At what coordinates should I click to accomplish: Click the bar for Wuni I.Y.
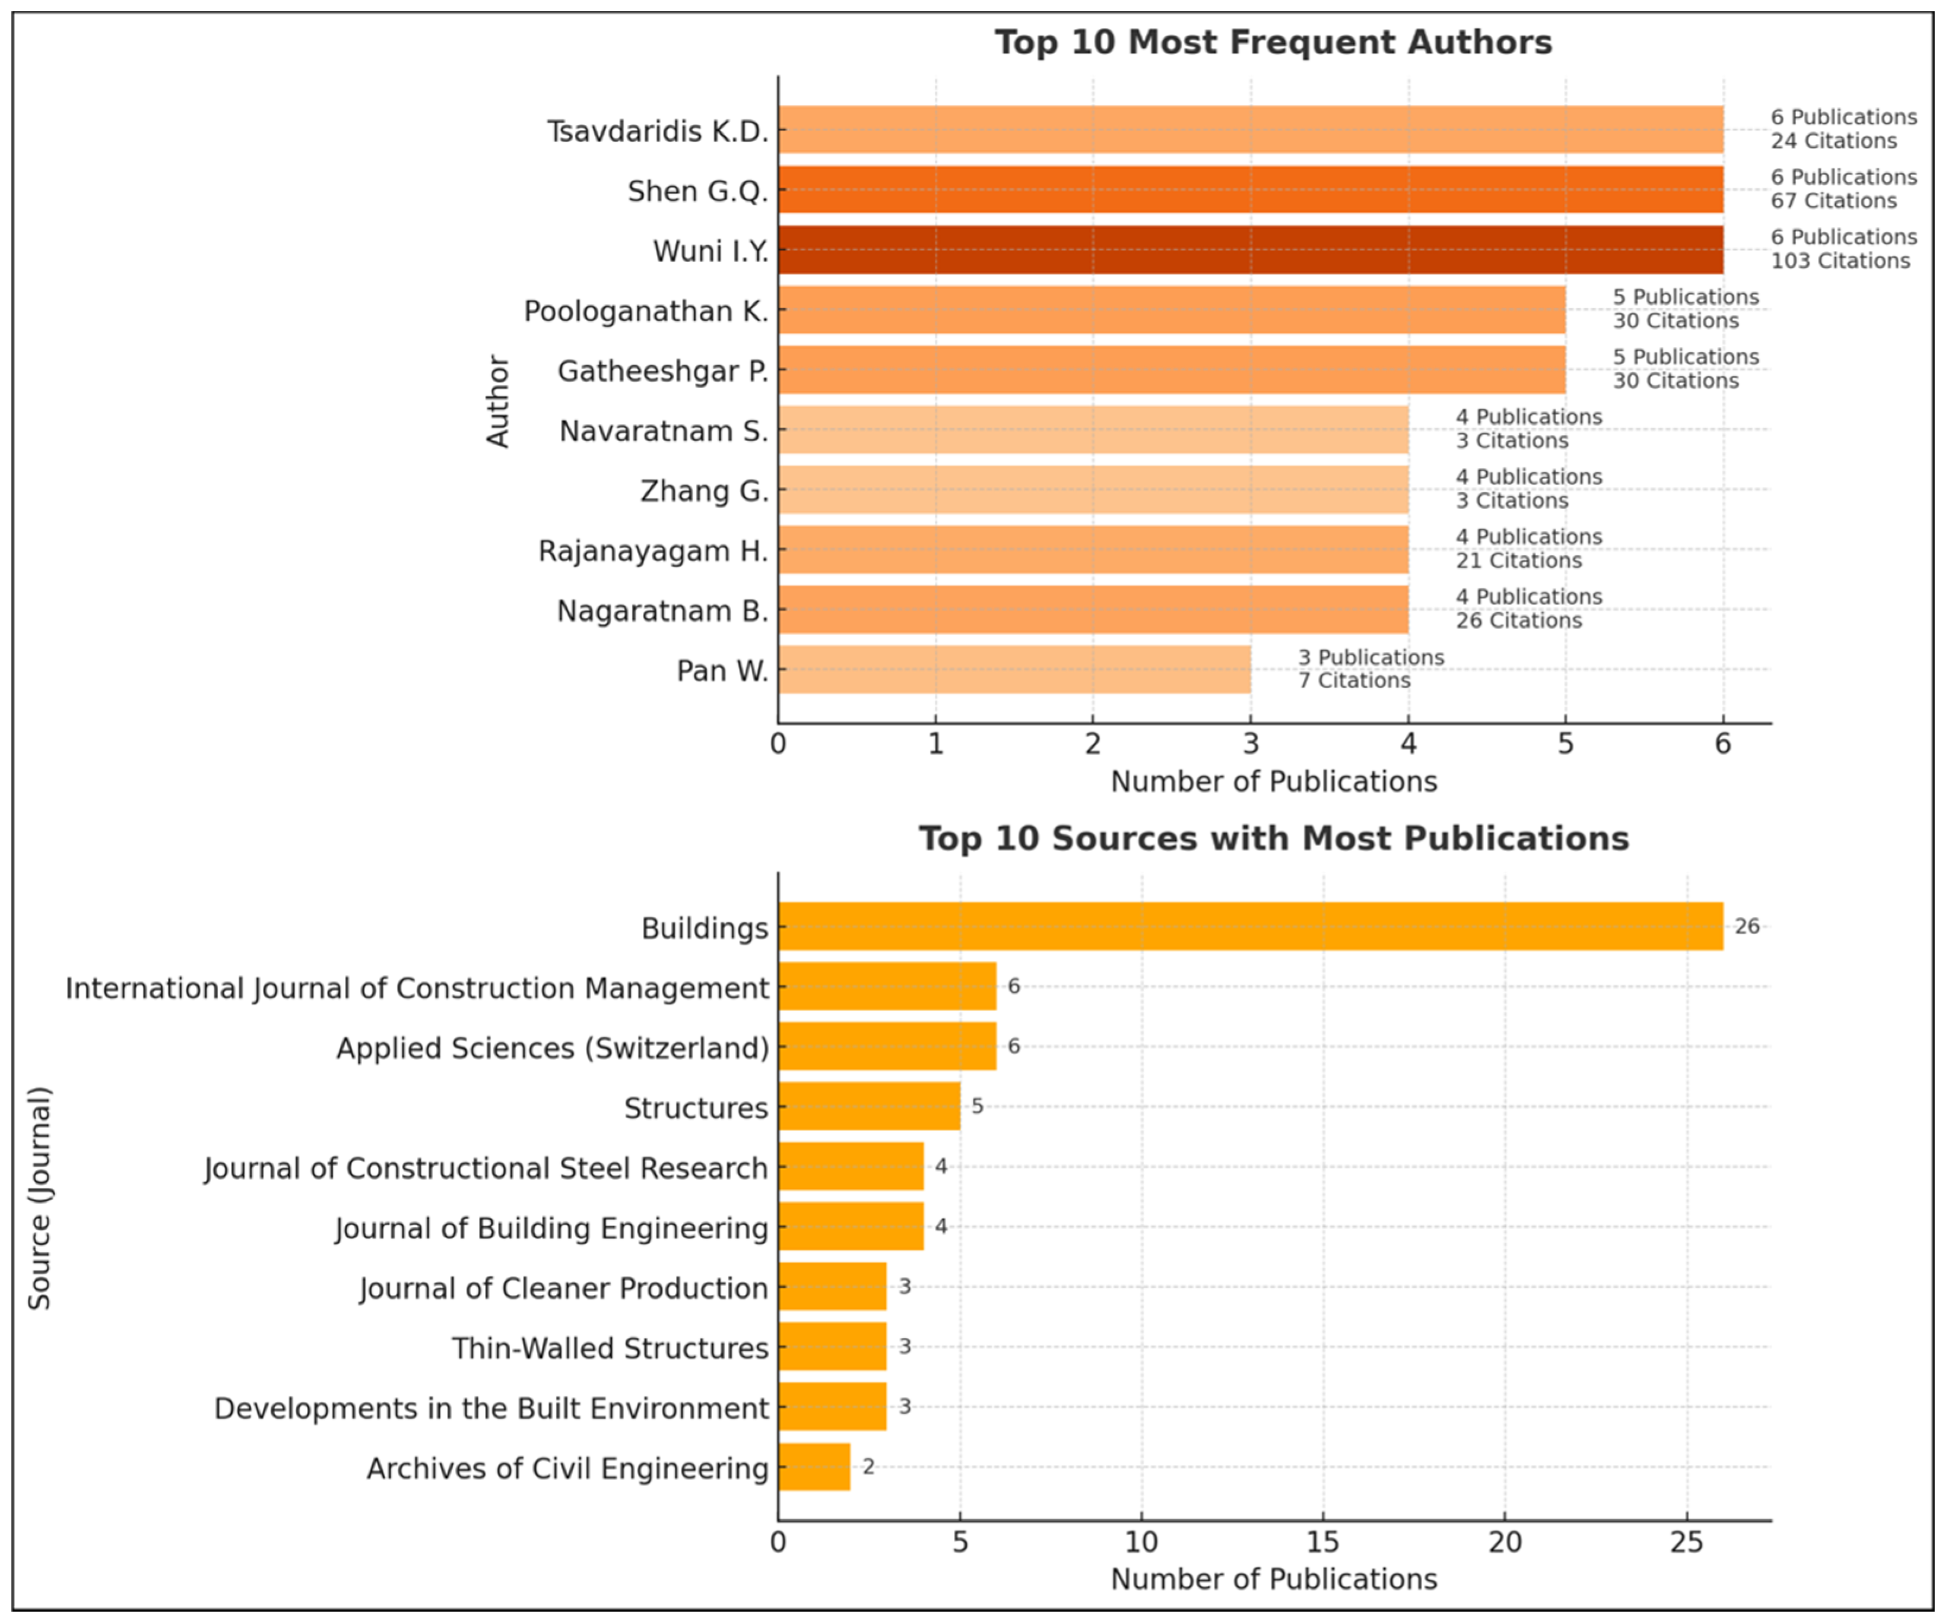coord(1251,250)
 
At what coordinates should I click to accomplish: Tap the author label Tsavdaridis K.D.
coord(658,132)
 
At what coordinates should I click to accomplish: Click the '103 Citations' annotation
coord(1841,261)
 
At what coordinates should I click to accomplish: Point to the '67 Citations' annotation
coord(1834,201)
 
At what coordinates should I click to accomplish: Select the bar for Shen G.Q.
coord(1251,190)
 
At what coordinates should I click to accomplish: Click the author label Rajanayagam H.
coord(653,551)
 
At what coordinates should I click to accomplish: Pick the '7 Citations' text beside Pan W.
coord(1354,681)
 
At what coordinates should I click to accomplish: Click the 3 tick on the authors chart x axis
coord(1251,744)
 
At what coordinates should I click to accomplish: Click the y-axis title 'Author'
coord(499,401)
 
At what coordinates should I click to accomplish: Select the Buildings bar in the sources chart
coord(1251,926)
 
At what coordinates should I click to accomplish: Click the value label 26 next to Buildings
coord(1747,926)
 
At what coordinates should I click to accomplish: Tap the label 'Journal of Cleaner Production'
coord(564,1289)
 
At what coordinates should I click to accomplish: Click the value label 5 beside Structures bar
coord(977,1106)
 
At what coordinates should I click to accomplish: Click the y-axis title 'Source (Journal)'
coord(39,1198)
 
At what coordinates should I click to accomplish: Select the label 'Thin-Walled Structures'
coord(610,1349)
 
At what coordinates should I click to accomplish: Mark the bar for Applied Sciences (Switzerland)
coord(887,1047)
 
